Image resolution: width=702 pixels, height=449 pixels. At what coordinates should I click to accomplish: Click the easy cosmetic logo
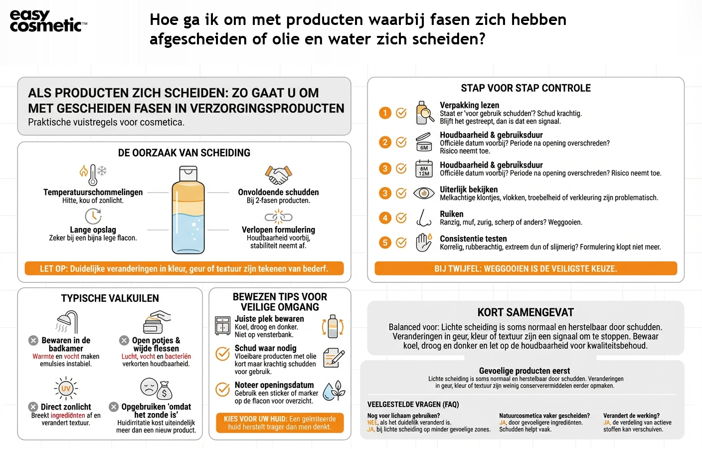48,21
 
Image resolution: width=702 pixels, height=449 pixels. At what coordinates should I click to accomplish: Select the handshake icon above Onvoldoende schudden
278,175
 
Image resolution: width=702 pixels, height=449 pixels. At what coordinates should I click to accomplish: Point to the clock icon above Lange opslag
93,216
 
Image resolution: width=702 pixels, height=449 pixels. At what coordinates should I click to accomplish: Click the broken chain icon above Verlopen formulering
278,217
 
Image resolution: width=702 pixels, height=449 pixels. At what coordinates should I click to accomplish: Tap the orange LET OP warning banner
184,268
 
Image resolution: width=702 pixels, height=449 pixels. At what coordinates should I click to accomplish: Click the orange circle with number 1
385,113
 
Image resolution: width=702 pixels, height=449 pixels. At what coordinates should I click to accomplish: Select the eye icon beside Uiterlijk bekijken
424,193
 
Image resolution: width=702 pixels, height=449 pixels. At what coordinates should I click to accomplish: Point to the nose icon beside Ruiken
424,218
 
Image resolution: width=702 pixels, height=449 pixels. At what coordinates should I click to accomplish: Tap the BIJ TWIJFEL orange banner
526,268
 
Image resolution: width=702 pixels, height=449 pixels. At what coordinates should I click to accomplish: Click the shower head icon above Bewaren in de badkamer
67,322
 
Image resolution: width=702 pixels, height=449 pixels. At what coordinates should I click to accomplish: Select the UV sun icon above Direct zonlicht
66,389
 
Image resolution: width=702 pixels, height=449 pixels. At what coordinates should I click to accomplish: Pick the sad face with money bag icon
156,389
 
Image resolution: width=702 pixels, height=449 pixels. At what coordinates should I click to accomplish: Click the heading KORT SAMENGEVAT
526,313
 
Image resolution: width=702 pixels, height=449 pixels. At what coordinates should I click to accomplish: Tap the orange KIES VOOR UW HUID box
280,423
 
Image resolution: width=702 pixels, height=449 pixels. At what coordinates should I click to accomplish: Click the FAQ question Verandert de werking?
631,416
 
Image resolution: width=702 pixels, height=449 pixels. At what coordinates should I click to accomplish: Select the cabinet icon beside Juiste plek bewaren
222,326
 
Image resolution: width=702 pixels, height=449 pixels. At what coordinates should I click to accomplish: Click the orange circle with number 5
385,242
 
